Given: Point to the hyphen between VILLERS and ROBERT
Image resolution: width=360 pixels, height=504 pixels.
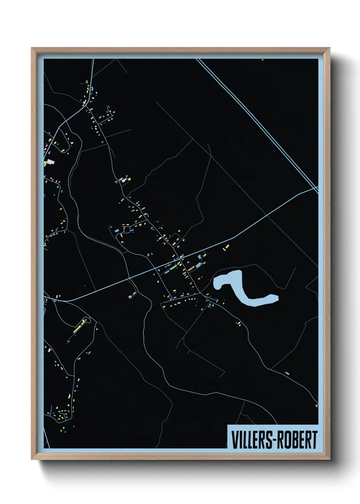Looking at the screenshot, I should point(273,440).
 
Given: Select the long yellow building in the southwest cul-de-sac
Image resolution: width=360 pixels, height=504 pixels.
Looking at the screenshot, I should point(78,327).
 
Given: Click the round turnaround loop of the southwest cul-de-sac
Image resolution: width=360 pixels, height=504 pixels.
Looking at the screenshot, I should point(87,319).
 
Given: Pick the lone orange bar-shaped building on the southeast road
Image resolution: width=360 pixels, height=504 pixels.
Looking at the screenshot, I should point(287,373).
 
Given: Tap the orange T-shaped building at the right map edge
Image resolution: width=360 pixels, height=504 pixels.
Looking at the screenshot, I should point(316,405).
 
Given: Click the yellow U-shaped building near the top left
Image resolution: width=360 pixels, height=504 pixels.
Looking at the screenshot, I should point(87,82).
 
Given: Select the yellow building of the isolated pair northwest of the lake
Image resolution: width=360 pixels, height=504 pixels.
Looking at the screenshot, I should point(227,246).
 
